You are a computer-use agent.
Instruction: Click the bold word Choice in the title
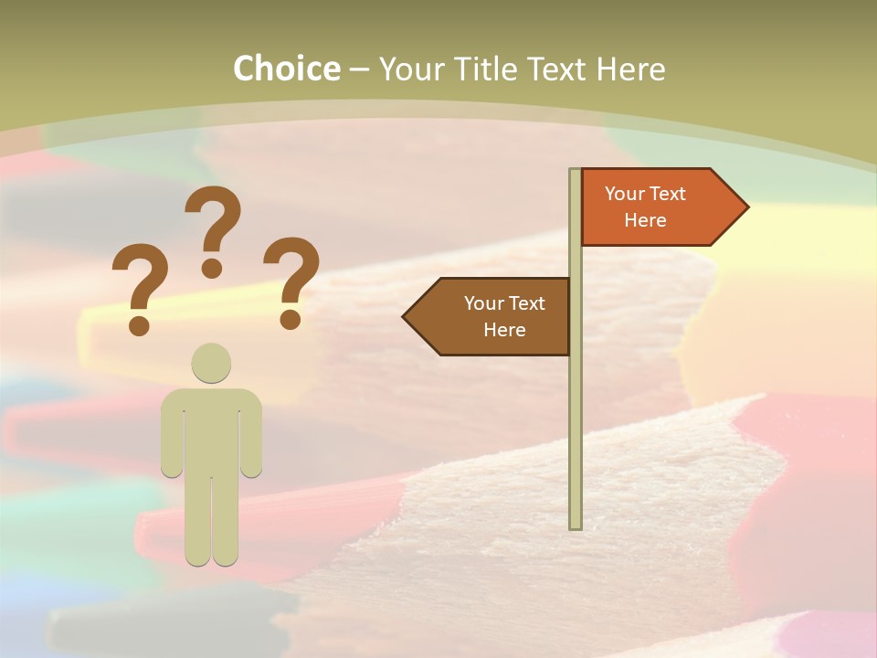point(286,69)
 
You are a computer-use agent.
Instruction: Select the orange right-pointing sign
point(653,207)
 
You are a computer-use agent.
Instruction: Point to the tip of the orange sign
point(745,207)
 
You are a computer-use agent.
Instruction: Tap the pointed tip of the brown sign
point(406,317)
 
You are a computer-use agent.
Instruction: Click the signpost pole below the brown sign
point(576,439)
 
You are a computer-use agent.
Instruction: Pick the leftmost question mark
point(139,283)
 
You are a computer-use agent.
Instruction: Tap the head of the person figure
point(211,363)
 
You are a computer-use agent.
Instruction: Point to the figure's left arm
point(172,439)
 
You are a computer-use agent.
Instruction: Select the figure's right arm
point(251,439)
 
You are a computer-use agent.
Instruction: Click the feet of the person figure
point(212,556)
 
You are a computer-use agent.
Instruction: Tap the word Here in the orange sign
point(645,220)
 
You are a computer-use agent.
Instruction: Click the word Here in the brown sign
point(504,330)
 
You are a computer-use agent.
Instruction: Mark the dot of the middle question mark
point(212,268)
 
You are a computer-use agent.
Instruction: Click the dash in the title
point(359,70)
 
